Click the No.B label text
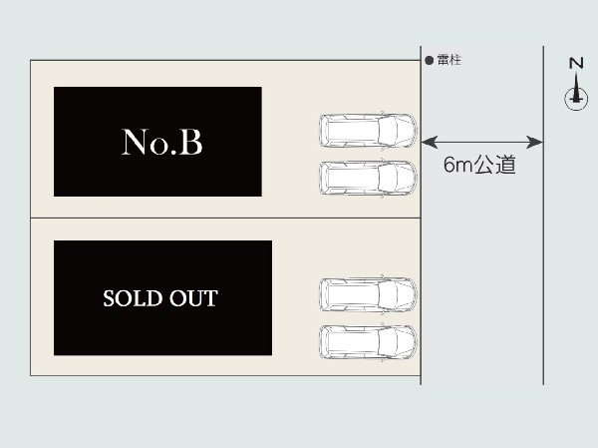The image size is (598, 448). click(161, 142)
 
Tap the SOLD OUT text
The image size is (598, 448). click(160, 298)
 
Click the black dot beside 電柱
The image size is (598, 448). click(429, 60)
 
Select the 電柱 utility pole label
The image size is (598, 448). click(448, 60)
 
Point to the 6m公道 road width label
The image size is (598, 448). click(479, 165)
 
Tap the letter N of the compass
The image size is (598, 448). click(576, 63)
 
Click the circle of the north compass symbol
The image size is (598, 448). click(576, 100)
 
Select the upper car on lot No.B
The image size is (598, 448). click(368, 131)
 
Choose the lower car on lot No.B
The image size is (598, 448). click(368, 178)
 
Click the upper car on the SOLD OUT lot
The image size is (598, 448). click(368, 294)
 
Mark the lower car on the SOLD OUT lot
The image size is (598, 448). click(368, 342)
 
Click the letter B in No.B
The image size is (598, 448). click(190, 142)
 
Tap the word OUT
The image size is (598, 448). click(193, 298)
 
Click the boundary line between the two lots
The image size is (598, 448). click(225, 219)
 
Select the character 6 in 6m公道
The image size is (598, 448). click(449, 165)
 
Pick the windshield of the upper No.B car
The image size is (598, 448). click(388, 131)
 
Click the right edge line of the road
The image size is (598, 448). click(543, 216)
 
